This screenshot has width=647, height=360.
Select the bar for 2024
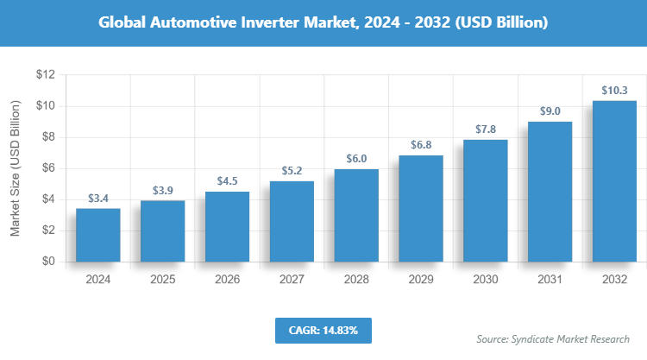97,235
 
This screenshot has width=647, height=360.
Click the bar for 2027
292,221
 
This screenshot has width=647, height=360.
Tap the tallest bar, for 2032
614,181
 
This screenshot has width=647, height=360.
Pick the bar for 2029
420,208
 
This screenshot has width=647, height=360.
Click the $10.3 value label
614,90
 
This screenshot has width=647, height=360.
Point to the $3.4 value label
97,198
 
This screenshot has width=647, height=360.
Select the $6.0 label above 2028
355,158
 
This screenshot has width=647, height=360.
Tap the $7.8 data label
485,129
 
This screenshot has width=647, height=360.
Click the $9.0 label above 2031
550,111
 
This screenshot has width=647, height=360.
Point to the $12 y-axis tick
45,75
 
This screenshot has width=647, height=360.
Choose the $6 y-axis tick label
48,168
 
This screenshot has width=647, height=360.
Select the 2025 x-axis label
162,280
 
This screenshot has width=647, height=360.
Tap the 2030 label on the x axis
485,280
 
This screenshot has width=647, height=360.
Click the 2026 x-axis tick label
227,280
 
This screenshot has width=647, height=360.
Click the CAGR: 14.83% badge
323,330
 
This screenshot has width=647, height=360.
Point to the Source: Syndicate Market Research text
553,338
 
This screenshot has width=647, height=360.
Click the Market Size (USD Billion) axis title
15,168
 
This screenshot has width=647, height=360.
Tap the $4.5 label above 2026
227,181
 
